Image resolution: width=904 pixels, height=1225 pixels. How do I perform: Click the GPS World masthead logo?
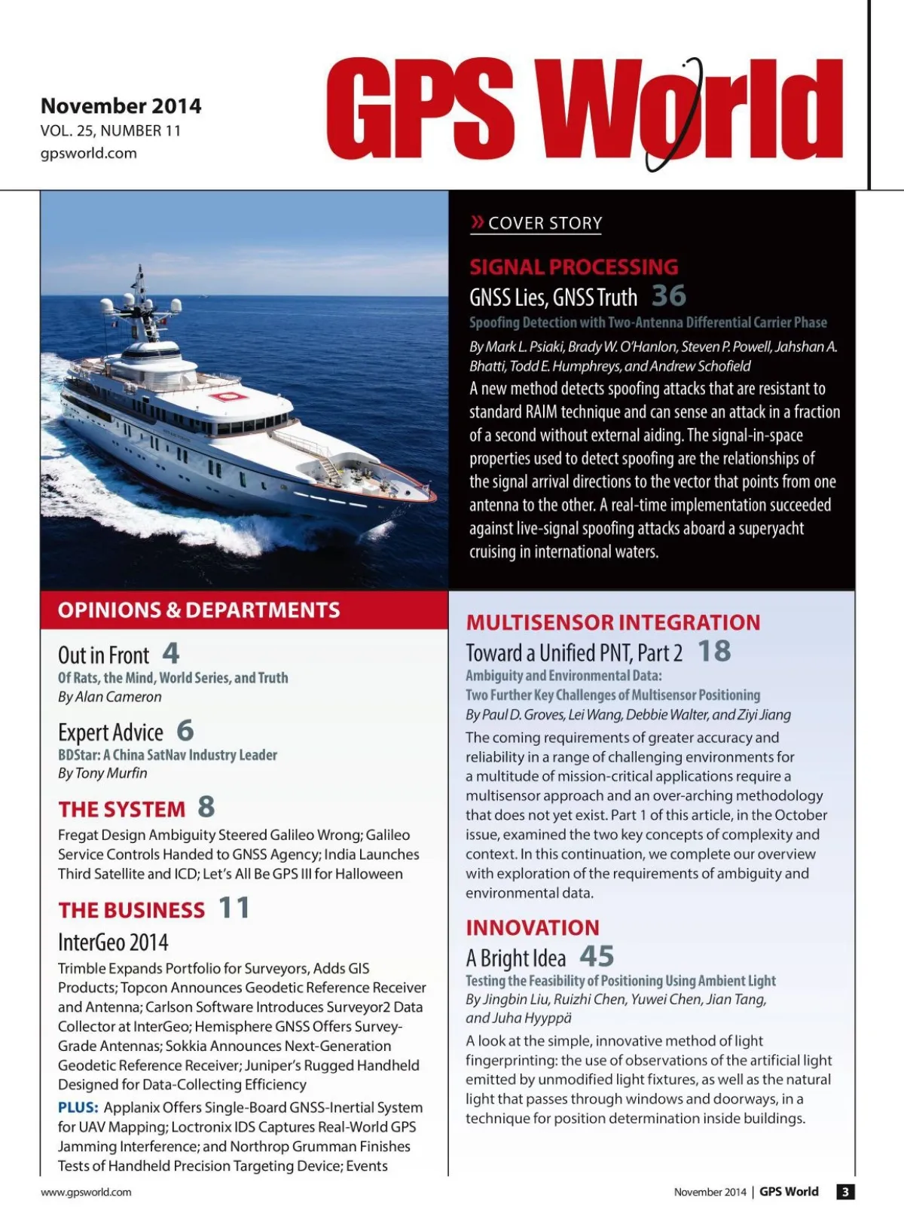(x=584, y=109)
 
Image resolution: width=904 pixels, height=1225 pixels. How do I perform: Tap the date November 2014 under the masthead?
(x=121, y=105)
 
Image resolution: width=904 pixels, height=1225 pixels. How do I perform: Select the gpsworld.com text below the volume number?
(x=88, y=153)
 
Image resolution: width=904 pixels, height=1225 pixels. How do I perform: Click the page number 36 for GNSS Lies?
(x=668, y=295)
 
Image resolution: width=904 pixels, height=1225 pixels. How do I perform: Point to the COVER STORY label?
(x=545, y=223)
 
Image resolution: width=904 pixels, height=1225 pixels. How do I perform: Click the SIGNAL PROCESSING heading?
(x=573, y=267)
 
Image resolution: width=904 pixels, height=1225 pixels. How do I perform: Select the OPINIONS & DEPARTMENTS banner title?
(x=199, y=609)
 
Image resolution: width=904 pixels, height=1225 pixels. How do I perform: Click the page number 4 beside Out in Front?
(x=171, y=652)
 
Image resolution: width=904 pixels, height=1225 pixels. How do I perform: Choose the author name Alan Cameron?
(x=118, y=697)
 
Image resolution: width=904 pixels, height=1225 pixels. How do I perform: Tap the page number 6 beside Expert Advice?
(x=185, y=730)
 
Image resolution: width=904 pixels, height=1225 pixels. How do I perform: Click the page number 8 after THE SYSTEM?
(x=206, y=807)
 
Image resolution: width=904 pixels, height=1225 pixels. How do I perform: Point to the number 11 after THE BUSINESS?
(x=234, y=908)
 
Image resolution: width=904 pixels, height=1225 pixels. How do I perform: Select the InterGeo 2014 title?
(x=113, y=942)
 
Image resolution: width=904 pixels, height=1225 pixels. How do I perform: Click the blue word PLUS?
(x=78, y=1107)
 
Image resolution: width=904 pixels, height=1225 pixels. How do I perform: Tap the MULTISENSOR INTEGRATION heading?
(x=613, y=622)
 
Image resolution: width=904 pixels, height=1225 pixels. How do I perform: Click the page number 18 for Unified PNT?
(x=714, y=651)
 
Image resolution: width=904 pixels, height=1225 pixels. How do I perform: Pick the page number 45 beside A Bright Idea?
(x=597, y=956)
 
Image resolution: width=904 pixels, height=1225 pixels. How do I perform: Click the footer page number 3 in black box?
(x=845, y=1192)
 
